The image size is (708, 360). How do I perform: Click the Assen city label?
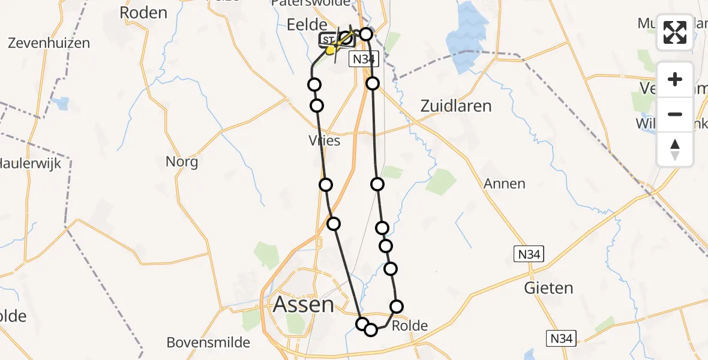[x=303, y=304]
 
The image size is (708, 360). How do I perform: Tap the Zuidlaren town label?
[x=455, y=106]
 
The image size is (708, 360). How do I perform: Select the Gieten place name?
[x=548, y=288]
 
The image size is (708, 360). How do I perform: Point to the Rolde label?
[x=410, y=326]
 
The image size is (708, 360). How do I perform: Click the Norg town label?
[x=182, y=161]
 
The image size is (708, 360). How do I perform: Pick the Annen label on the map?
[x=504, y=184]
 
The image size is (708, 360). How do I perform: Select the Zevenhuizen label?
[x=49, y=43]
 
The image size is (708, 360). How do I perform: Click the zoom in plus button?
[x=675, y=79]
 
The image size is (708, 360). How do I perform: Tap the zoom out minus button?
[x=675, y=114]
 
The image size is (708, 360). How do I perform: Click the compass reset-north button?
[x=675, y=149]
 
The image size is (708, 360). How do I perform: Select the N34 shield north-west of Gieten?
[x=529, y=254]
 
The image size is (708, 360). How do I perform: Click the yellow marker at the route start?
[x=330, y=50]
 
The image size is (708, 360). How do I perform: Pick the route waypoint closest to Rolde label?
[x=397, y=307]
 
